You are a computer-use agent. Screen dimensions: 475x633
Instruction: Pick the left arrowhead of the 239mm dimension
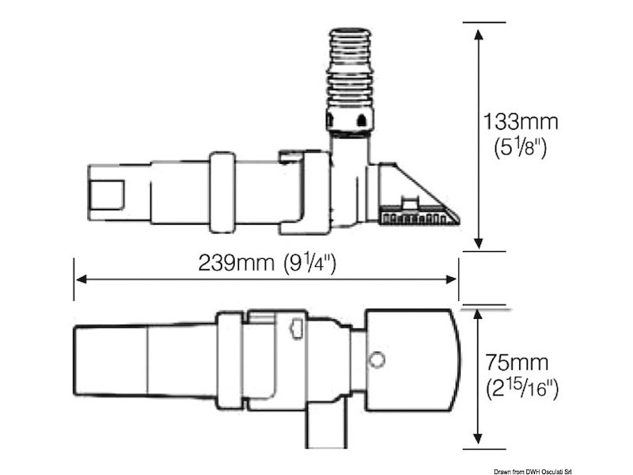80,279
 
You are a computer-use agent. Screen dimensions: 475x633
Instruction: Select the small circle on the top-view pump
377,360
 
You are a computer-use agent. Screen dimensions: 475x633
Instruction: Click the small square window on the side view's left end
108,192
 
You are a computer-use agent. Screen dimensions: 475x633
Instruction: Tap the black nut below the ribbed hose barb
348,120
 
